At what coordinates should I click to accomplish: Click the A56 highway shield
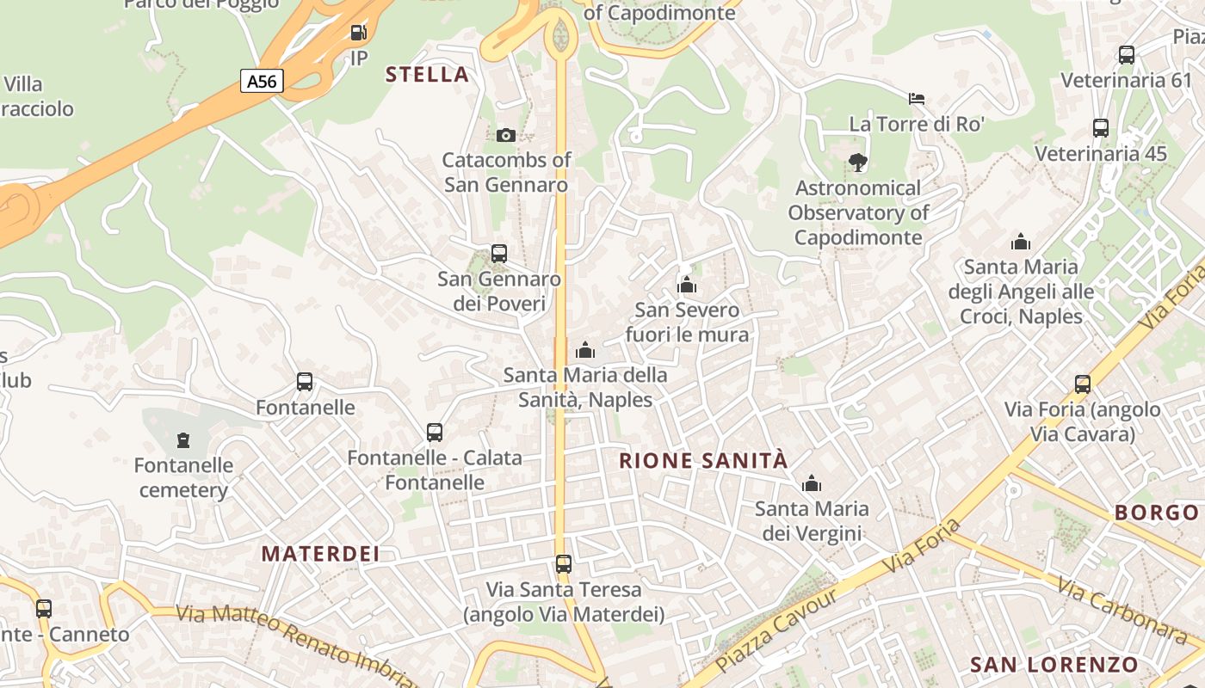click(x=262, y=82)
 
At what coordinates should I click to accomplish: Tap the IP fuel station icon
click(x=358, y=34)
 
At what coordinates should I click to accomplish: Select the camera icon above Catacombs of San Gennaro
click(x=506, y=135)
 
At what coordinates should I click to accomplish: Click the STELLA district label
click(x=427, y=75)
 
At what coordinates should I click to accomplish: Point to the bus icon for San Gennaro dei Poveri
click(x=499, y=254)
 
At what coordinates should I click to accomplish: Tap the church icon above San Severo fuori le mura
click(x=687, y=285)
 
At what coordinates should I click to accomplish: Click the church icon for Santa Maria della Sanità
click(x=585, y=350)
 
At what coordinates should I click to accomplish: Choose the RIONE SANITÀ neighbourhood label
click(x=703, y=461)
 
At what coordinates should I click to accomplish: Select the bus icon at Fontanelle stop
click(x=305, y=382)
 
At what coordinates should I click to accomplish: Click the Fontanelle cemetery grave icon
click(x=182, y=441)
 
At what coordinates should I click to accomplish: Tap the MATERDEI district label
click(x=320, y=554)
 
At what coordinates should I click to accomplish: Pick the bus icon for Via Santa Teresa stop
click(x=564, y=564)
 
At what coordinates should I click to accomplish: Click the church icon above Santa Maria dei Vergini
click(x=812, y=484)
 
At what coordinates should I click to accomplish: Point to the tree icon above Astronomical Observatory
click(x=857, y=162)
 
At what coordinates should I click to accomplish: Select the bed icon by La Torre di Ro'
click(x=917, y=99)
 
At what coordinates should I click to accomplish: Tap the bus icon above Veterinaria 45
click(x=1101, y=128)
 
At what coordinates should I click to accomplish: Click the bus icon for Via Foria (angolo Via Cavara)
click(x=1083, y=384)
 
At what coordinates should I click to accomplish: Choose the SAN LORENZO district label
click(x=1054, y=665)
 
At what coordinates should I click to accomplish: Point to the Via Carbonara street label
click(x=1122, y=611)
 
